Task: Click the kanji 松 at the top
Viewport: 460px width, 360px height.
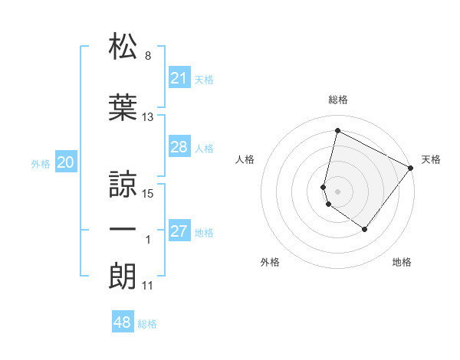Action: click(123, 47)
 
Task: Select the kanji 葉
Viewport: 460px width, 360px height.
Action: click(123, 108)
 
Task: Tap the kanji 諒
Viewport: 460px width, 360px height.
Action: click(123, 183)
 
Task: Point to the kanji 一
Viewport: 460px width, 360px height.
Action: click(123, 230)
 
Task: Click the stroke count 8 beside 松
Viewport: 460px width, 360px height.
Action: click(148, 56)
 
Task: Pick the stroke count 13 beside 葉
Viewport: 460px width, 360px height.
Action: click(148, 117)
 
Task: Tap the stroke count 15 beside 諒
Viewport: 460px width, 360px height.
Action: click(148, 193)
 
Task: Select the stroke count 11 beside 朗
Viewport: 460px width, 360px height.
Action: click(148, 286)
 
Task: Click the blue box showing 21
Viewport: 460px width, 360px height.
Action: click(179, 78)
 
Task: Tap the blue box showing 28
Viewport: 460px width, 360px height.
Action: click(179, 147)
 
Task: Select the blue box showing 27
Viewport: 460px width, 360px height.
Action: click(179, 231)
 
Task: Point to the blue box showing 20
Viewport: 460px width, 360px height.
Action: click(66, 162)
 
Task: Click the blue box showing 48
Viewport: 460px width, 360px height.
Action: click(123, 322)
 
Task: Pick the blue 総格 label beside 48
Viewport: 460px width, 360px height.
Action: click(147, 324)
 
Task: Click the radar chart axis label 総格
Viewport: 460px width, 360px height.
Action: click(337, 100)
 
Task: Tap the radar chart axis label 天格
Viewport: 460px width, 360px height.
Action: click(432, 159)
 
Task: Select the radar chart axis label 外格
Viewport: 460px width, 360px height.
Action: click(270, 263)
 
